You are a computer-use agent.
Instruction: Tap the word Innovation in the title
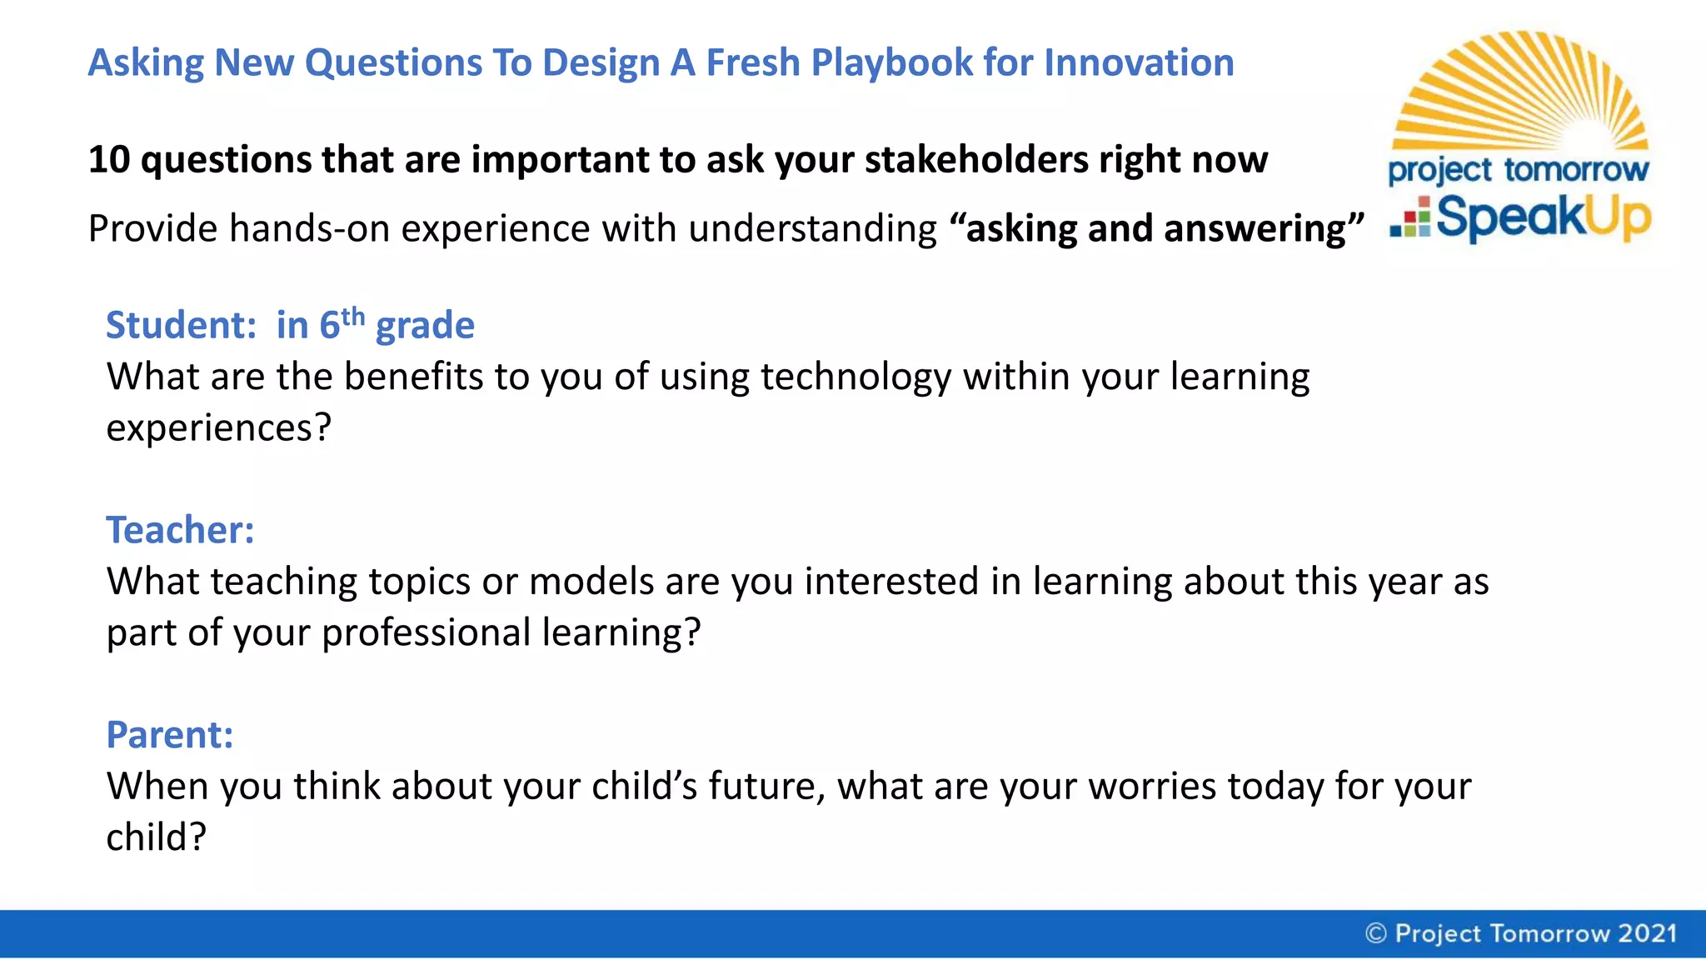[x=1139, y=63]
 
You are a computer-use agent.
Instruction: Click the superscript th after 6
[x=353, y=317]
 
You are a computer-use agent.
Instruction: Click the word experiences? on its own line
[x=218, y=428]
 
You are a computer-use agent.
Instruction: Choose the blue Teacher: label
[x=180, y=530]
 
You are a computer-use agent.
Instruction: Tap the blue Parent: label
[x=169, y=735]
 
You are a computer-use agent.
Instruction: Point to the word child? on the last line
[x=156, y=837]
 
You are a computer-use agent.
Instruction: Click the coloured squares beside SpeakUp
[x=1410, y=218]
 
